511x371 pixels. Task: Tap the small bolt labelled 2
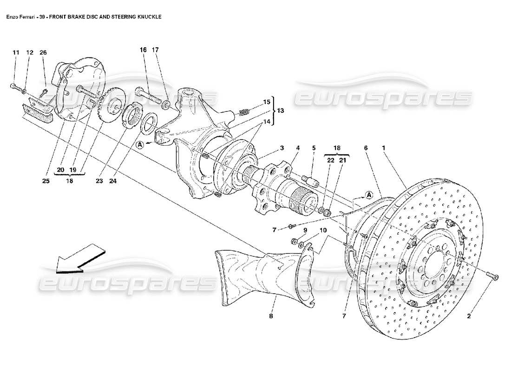[x=494, y=277]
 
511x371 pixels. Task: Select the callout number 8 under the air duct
[x=271, y=316]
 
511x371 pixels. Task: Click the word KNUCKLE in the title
[x=149, y=16]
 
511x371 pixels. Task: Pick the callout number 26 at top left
[x=43, y=52]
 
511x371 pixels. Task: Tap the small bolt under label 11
[x=13, y=87]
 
